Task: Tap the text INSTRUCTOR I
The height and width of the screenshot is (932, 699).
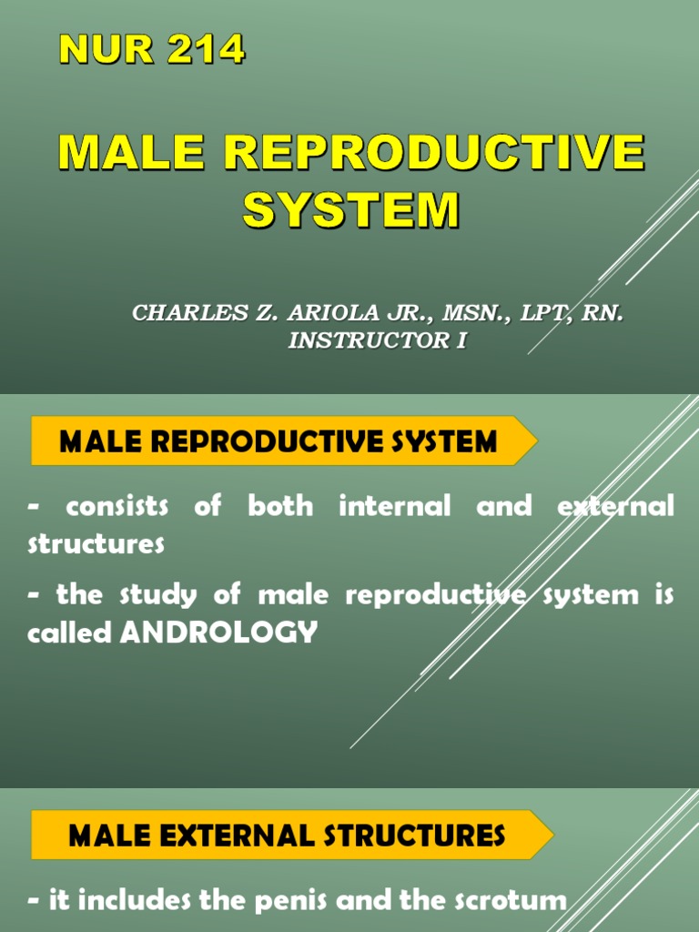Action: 377,341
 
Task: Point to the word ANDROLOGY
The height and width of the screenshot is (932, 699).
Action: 219,633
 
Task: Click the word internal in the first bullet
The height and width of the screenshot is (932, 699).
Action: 394,506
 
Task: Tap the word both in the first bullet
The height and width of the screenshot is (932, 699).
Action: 279,506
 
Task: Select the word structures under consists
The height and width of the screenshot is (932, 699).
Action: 96,544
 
